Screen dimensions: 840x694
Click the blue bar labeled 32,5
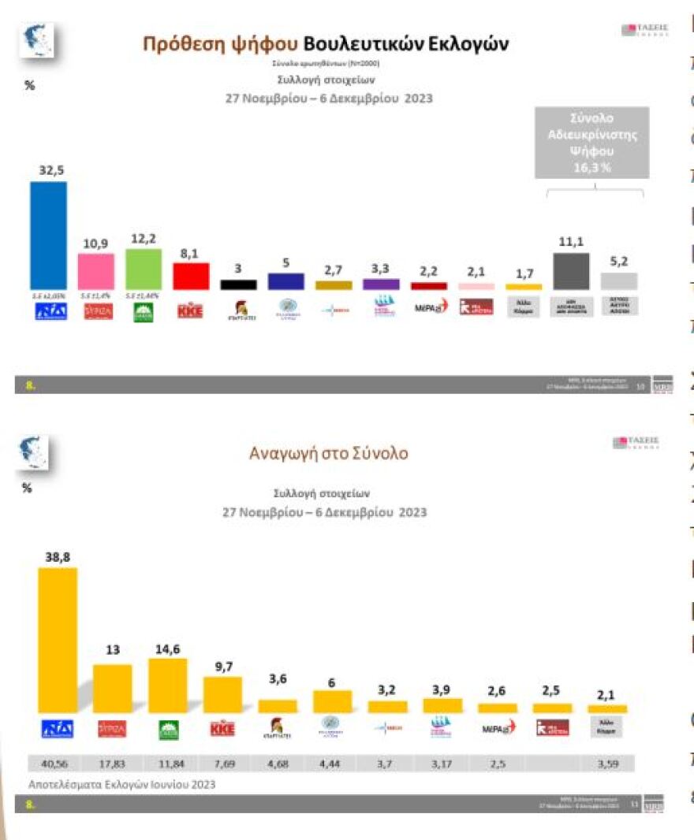tap(48, 236)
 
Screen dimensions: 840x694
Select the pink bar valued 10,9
tap(95, 271)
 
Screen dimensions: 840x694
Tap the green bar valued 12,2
tap(144, 269)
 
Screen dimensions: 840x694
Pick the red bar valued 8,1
tap(191, 276)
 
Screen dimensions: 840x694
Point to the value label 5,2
tap(619, 262)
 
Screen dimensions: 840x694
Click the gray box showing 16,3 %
tap(591, 143)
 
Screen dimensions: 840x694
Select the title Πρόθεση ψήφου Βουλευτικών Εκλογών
tap(325, 43)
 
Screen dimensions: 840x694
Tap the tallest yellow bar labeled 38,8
tap(58, 640)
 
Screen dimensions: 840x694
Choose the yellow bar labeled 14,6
tap(167, 685)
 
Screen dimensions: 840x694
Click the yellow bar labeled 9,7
tap(222, 694)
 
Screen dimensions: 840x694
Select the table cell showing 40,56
tap(58, 764)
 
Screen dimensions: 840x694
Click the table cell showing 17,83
tap(112, 764)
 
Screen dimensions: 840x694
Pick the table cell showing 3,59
tap(607, 764)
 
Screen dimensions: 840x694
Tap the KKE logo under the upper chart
tap(190, 310)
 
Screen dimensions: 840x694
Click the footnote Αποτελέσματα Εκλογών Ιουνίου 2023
tap(121, 784)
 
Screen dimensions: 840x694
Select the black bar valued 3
tap(238, 284)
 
